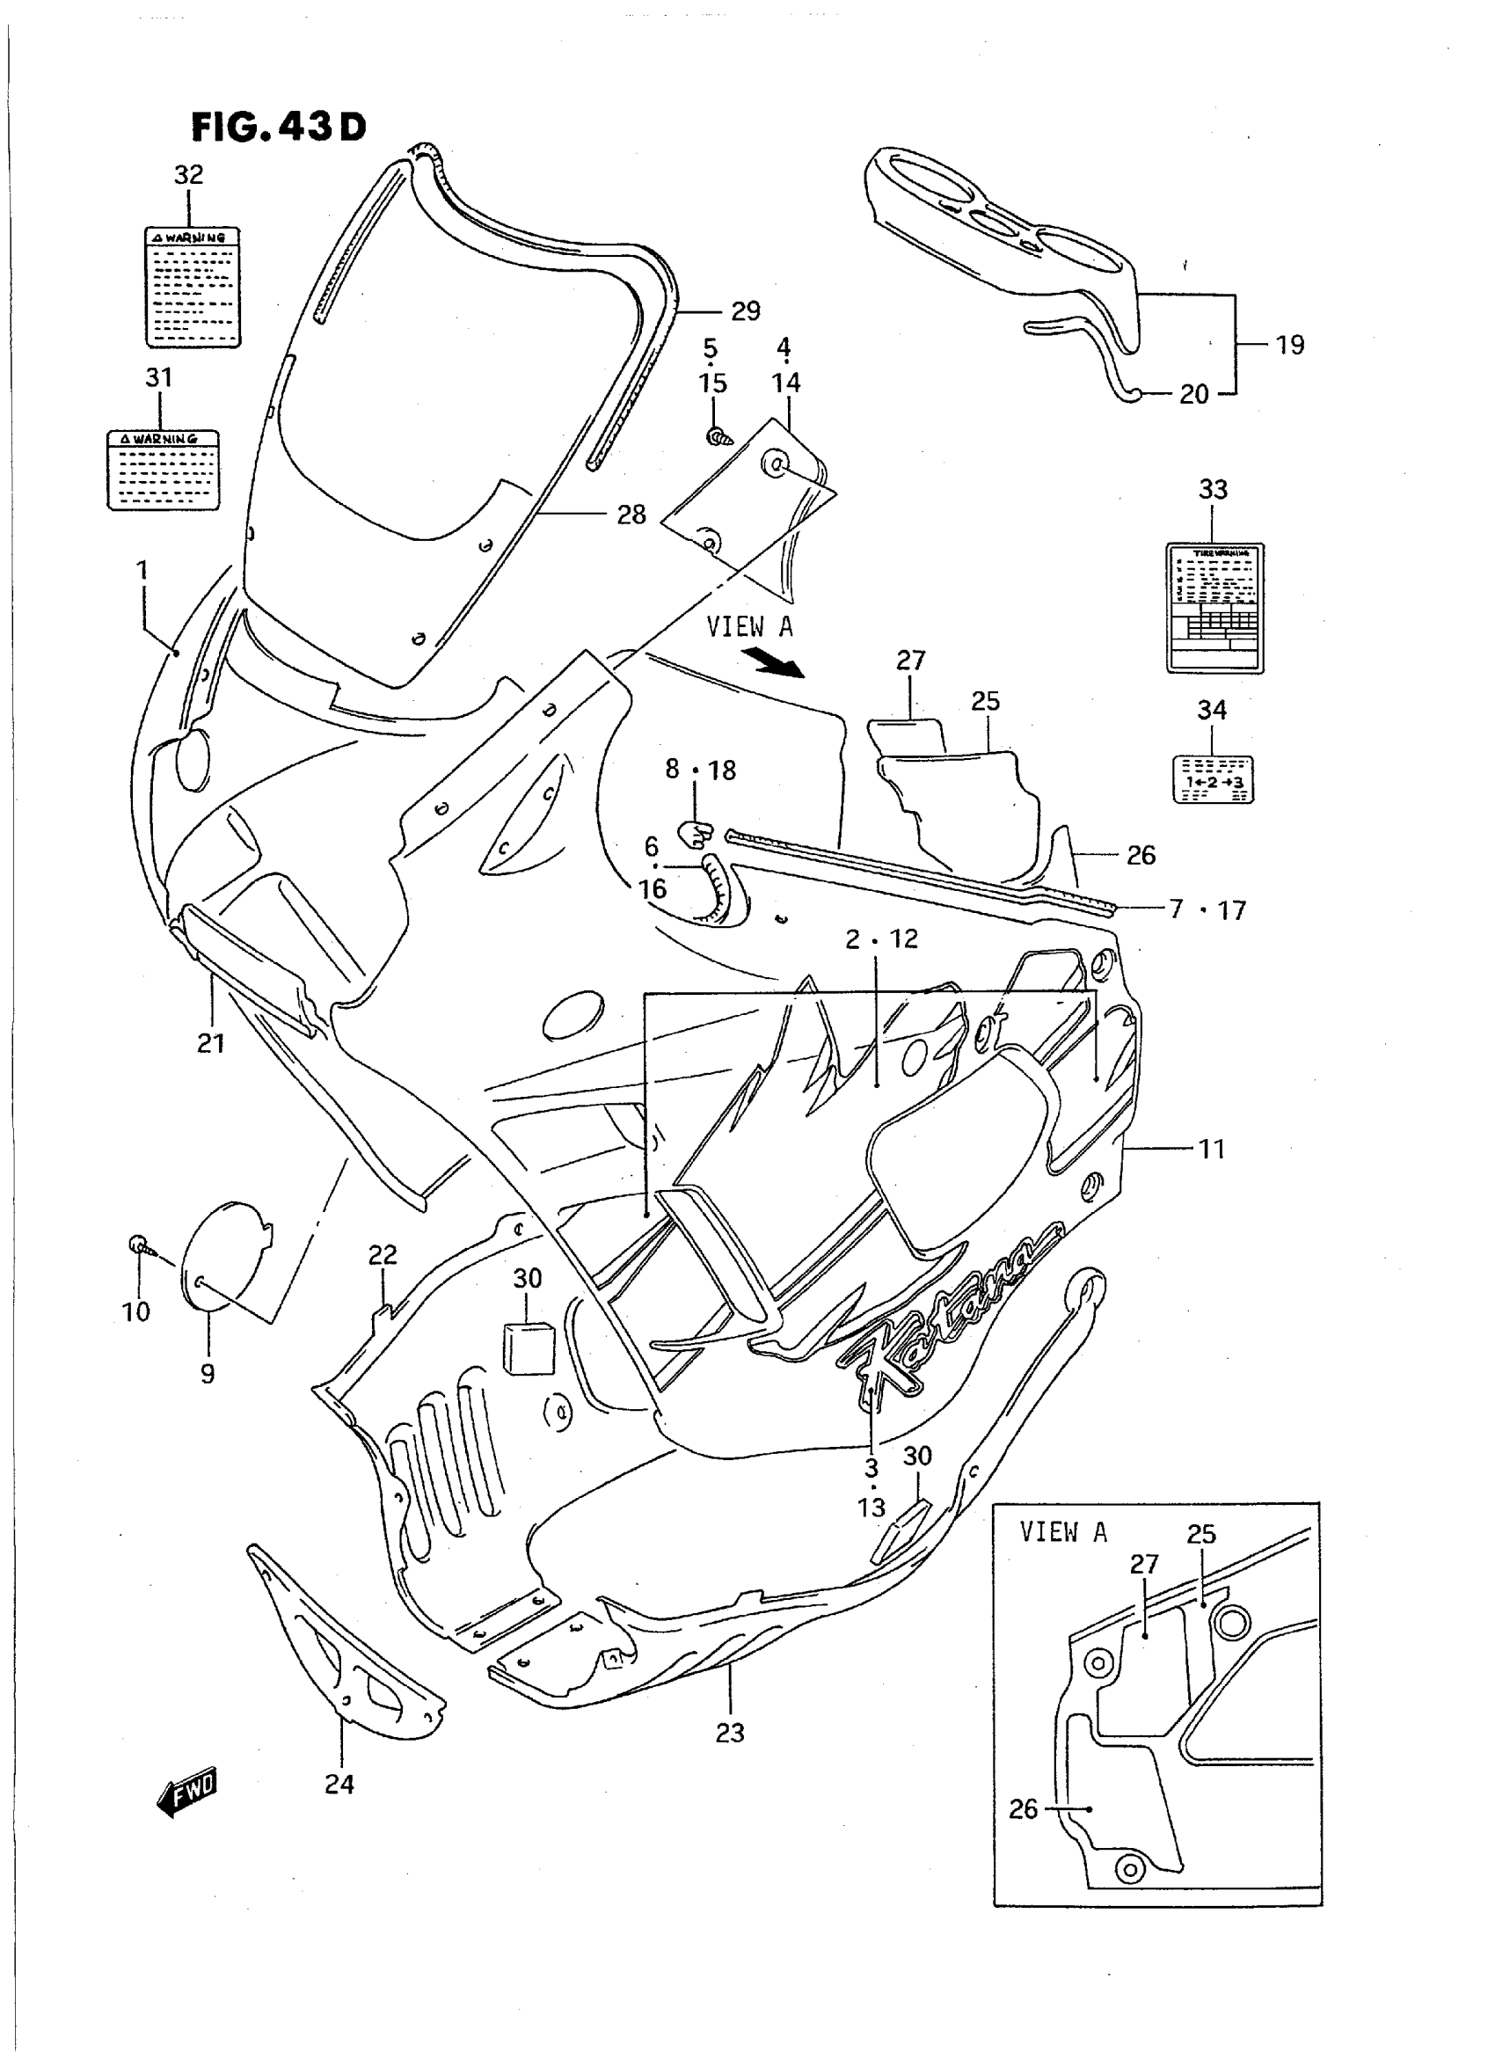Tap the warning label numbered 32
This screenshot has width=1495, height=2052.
(x=193, y=286)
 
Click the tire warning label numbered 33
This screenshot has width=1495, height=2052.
(x=1214, y=608)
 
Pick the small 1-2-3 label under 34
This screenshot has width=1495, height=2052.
(x=1213, y=778)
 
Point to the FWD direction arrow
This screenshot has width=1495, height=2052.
(x=187, y=1790)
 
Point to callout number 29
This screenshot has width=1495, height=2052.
(x=745, y=311)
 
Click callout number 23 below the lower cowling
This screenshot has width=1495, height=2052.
(x=729, y=1733)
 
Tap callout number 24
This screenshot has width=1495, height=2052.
(x=339, y=1784)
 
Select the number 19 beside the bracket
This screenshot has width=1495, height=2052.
(x=1289, y=345)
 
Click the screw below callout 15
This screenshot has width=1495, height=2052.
(x=719, y=437)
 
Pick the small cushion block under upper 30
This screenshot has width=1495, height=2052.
(x=528, y=1346)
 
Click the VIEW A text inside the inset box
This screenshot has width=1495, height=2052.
(x=1062, y=1531)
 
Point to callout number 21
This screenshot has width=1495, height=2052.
(x=211, y=1044)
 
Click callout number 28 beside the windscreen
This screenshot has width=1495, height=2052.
(x=631, y=515)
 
